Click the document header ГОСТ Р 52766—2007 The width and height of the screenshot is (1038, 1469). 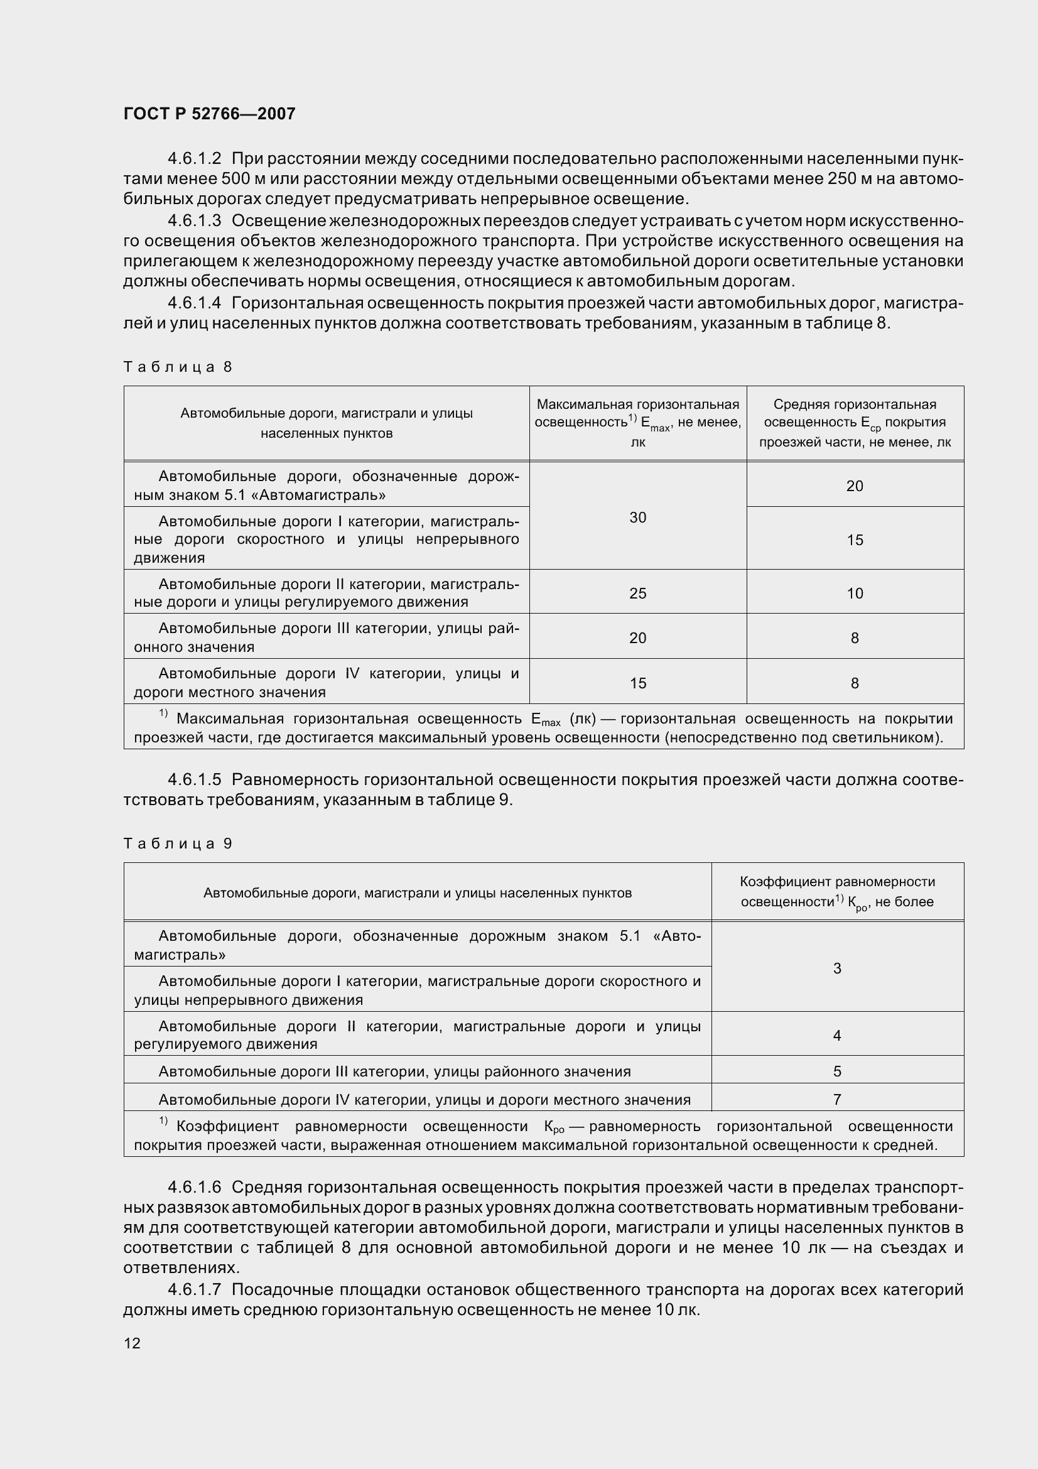click(x=209, y=114)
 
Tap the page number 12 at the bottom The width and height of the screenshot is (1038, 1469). click(x=132, y=1343)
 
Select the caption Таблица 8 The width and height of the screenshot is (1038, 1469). click(x=178, y=367)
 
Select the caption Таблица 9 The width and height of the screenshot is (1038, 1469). click(x=178, y=843)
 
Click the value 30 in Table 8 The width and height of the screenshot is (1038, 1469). click(x=637, y=518)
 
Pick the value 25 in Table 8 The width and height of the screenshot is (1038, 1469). click(x=637, y=593)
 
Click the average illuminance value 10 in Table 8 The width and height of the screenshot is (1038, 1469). click(x=855, y=593)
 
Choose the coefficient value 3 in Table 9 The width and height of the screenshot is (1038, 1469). click(x=836, y=968)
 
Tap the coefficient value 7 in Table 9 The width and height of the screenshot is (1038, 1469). click(x=836, y=1099)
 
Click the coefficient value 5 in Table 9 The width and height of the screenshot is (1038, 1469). click(x=836, y=1071)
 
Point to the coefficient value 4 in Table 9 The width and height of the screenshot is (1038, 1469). click(x=836, y=1035)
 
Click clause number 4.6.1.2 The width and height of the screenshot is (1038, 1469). click(x=195, y=158)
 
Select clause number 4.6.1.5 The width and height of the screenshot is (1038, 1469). click(x=195, y=779)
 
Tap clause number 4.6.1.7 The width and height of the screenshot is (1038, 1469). click(x=195, y=1289)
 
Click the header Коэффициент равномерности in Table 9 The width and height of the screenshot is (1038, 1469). click(x=836, y=882)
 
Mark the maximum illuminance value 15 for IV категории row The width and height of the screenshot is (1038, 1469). click(x=637, y=683)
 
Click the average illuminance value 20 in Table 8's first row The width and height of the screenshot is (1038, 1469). click(x=855, y=485)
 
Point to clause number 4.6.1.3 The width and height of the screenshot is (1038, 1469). click(x=195, y=220)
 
